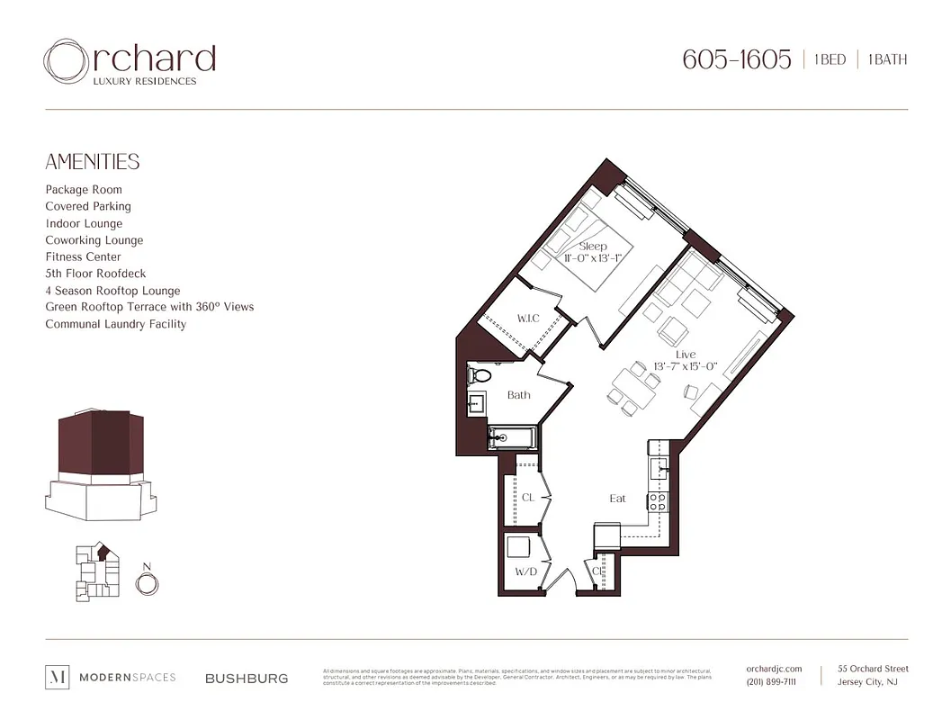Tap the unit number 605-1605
click(x=736, y=60)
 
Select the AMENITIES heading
click(x=93, y=162)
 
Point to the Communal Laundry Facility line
click(x=116, y=324)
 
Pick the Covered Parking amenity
click(x=88, y=206)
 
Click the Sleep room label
click(x=593, y=246)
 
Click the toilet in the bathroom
click(x=480, y=375)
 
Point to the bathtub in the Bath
click(x=511, y=439)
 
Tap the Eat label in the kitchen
click(x=617, y=498)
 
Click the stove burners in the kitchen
click(x=659, y=502)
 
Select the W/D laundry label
click(x=525, y=571)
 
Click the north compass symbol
click(x=147, y=582)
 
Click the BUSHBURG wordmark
click(x=247, y=678)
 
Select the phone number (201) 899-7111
click(x=771, y=682)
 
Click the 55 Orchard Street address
click(x=872, y=669)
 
